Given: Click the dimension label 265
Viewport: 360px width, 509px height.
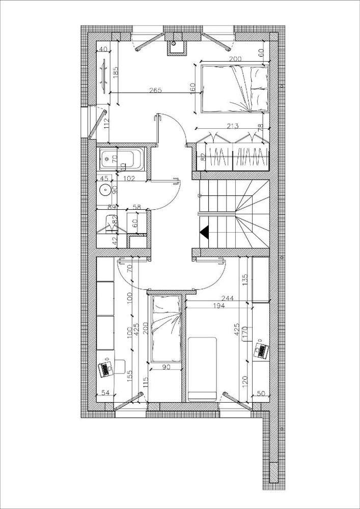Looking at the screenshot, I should pyautogui.click(x=155, y=90).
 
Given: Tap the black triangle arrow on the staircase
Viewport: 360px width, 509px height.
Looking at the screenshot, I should pyautogui.click(x=205, y=232).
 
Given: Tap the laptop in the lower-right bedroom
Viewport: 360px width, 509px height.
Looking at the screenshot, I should pyautogui.click(x=262, y=351).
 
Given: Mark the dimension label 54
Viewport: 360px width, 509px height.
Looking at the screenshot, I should pyautogui.click(x=105, y=393).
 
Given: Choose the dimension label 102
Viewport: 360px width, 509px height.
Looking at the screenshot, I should pyautogui.click(x=129, y=178).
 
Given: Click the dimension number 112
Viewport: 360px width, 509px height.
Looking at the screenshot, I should pyautogui.click(x=107, y=123).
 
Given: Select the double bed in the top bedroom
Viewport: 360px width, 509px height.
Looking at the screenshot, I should pyautogui.click(x=235, y=88).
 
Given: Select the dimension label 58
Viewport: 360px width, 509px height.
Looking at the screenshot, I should pyautogui.click(x=136, y=207).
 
